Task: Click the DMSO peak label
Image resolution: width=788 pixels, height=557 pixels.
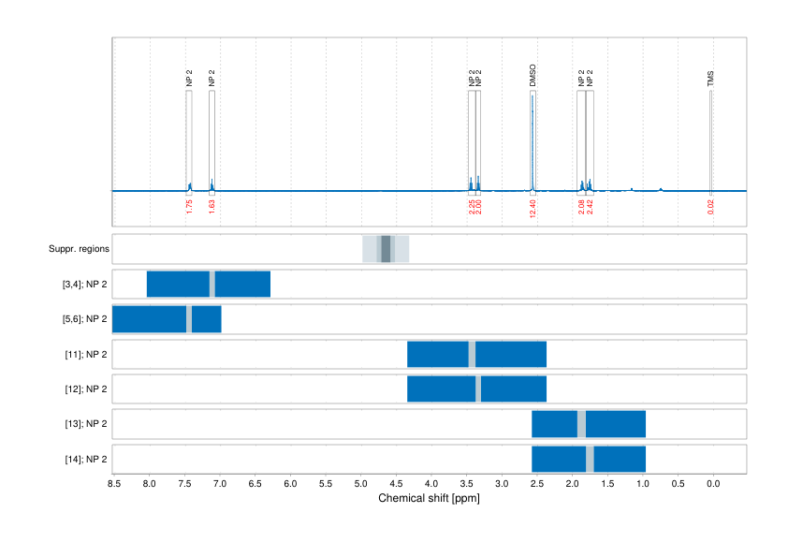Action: pos(533,76)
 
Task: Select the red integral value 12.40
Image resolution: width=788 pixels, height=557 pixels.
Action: pos(533,207)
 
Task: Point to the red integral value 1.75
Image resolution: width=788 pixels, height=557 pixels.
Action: pos(189,207)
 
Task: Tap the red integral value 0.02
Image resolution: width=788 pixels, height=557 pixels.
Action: pos(710,207)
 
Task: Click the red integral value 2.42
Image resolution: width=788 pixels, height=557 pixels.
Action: pos(590,207)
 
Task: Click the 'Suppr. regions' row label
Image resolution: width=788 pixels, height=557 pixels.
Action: pos(80,249)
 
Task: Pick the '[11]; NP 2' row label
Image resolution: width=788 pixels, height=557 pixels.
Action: pos(82,355)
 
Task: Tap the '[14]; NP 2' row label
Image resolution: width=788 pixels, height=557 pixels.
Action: pos(82,460)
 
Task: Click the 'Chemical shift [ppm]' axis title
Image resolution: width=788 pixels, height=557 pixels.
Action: pos(430,499)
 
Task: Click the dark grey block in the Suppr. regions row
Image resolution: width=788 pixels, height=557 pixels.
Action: pos(386,249)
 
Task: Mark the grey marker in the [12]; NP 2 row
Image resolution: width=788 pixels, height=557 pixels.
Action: pos(477,389)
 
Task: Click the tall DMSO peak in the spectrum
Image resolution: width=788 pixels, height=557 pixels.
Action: pos(533,140)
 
